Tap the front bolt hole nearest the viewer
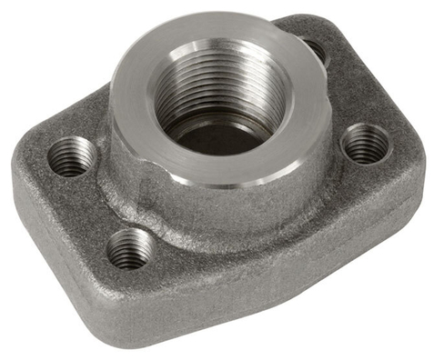pos(128,247)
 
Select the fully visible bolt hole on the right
pos(365,143)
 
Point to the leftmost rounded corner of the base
pos(20,173)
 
